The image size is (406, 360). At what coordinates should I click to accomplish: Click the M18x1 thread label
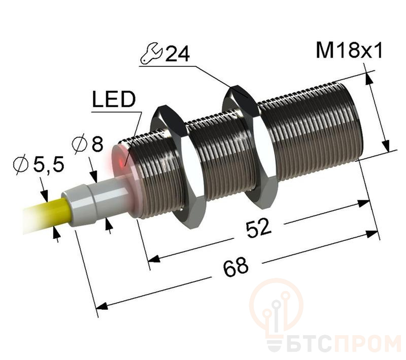[x=349, y=50]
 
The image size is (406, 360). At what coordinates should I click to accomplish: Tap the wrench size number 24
[x=177, y=54]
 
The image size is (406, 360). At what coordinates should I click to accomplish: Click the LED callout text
[x=114, y=99]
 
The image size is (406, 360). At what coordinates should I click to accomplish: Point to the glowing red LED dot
[x=121, y=163]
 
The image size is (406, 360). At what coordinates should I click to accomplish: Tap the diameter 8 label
[x=88, y=145]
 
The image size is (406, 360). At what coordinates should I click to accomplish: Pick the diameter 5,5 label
[x=39, y=164]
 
